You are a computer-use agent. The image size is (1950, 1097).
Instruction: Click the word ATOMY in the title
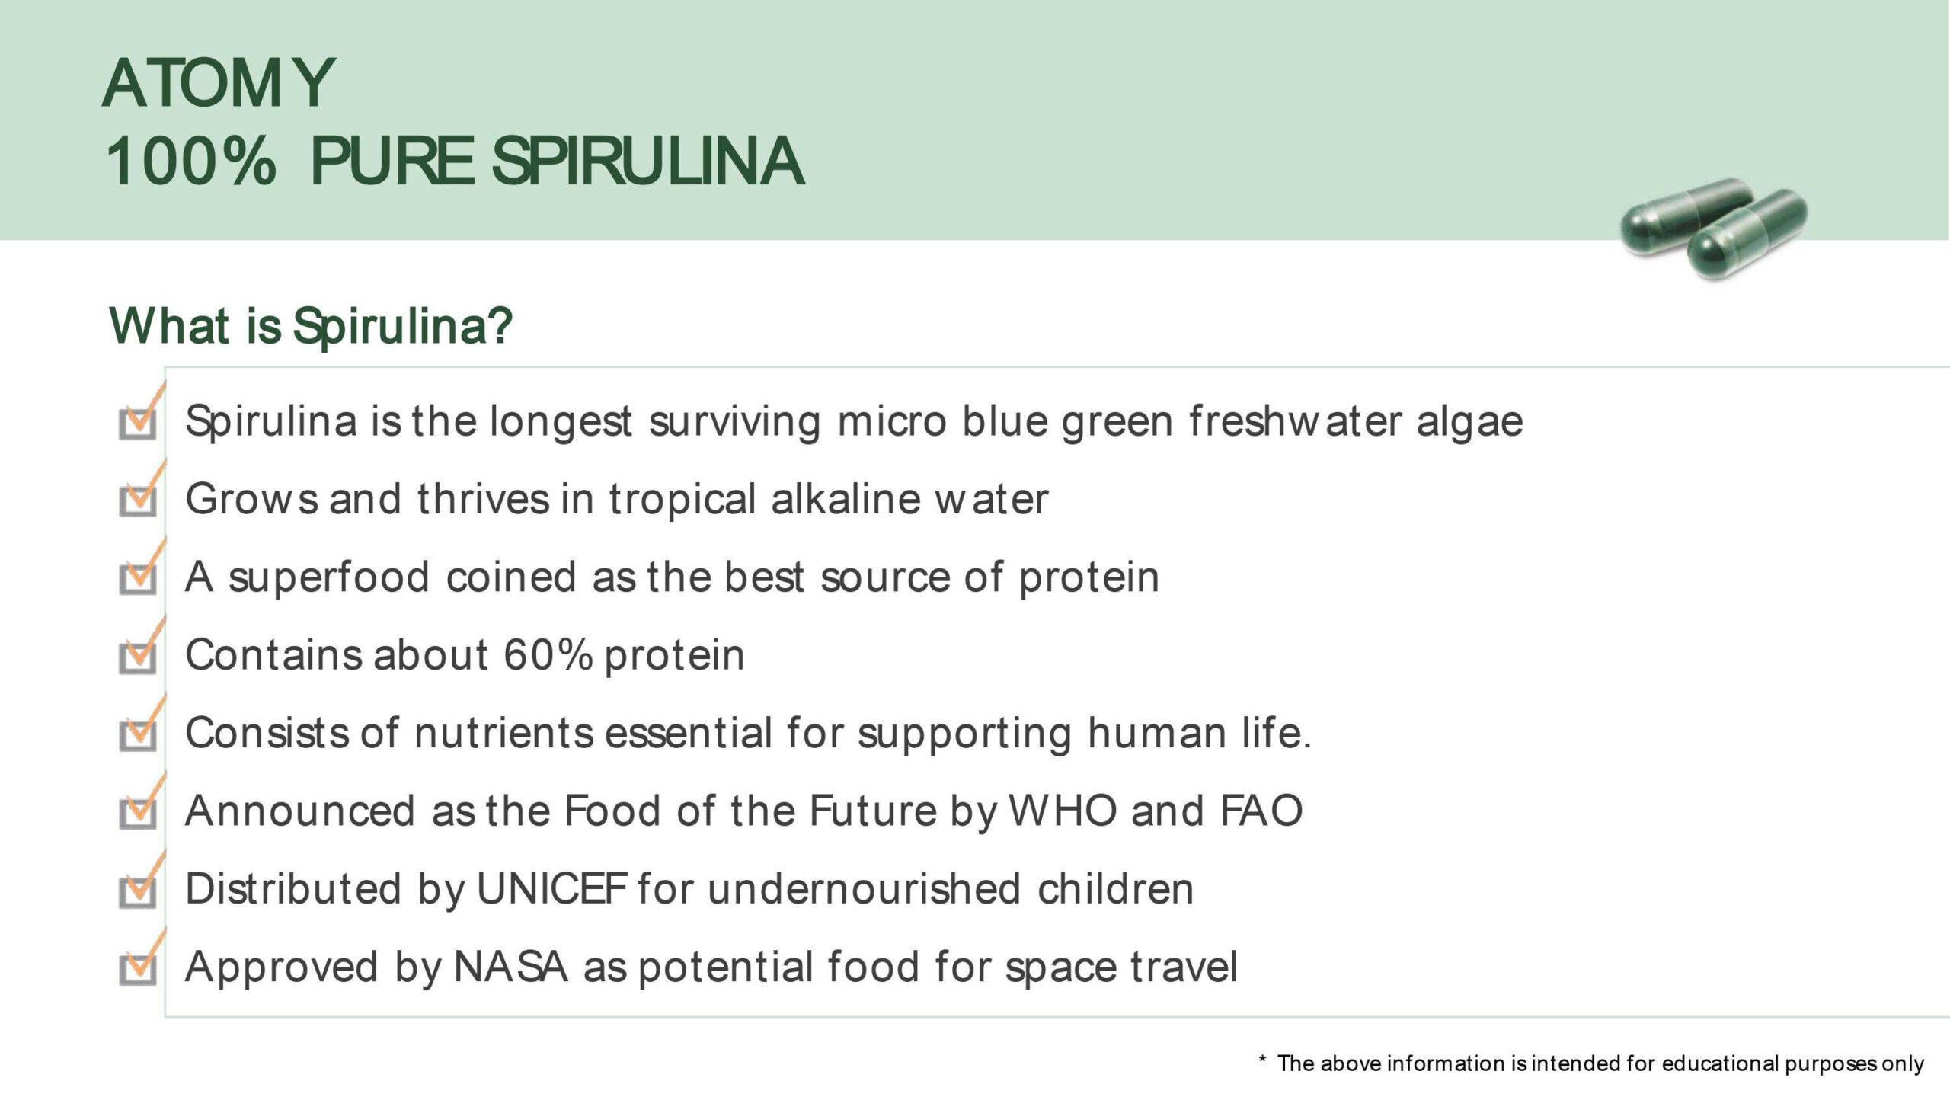pos(219,83)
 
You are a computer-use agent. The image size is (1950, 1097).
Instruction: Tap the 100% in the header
pos(190,161)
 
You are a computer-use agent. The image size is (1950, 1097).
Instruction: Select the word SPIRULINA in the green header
pos(648,161)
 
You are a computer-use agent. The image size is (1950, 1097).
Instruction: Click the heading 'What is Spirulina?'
pos(311,326)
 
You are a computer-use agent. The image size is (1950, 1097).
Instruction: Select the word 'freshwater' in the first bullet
pos(1295,421)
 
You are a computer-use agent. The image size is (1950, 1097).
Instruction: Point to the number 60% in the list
pos(548,654)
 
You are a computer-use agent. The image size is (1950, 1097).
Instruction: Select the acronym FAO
pos(1261,811)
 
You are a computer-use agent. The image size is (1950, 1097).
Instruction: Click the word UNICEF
pos(551,889)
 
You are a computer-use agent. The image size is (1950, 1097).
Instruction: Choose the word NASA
pos(511,967)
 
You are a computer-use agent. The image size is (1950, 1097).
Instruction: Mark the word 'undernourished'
pos(865,889)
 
